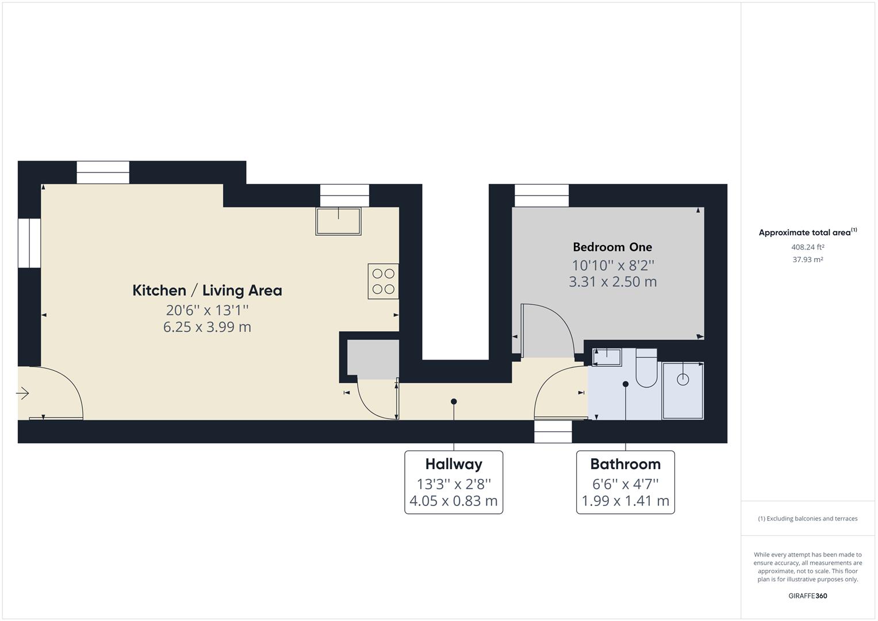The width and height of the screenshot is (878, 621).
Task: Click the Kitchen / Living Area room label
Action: [x=207, y=290]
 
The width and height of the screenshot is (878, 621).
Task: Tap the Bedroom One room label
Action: [x=612, y=247]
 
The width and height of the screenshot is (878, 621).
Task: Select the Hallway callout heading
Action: [x=454, y=464]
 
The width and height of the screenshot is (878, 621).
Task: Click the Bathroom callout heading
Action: [x=625, y=464]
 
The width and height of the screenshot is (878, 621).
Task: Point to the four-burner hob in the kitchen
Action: [x=383, y=281]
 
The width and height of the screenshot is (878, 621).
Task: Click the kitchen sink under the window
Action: [x=338, y=221]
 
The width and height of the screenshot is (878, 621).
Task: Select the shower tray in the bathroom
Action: [x=683, y=390]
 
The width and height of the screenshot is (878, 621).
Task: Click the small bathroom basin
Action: [x=607, y=358]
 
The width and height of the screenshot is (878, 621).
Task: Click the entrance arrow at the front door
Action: [x=22, y=393]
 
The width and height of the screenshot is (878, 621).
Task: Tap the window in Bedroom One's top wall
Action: [x=541, y=195]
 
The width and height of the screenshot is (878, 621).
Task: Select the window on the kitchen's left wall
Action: [x=29, y=243]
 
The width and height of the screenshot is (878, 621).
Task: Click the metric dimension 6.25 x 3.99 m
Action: [x=207, y=327]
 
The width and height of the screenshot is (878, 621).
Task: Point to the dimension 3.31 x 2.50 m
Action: [x=612, y=282]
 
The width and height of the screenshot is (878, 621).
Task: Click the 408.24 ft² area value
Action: [x=807, y=247]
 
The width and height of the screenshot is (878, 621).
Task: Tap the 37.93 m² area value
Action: [x=807, y=259]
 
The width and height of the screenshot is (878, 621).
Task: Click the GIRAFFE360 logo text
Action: [x=807, y=596]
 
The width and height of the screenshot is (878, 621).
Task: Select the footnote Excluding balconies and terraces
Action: [x=807, y=519]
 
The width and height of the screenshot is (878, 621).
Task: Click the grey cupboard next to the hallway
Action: [x=373, y=359]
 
